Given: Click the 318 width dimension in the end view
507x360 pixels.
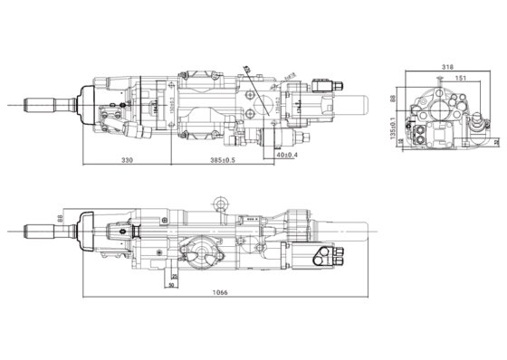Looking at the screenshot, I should (447, 67).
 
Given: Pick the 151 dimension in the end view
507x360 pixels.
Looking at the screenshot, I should (462, 79).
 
